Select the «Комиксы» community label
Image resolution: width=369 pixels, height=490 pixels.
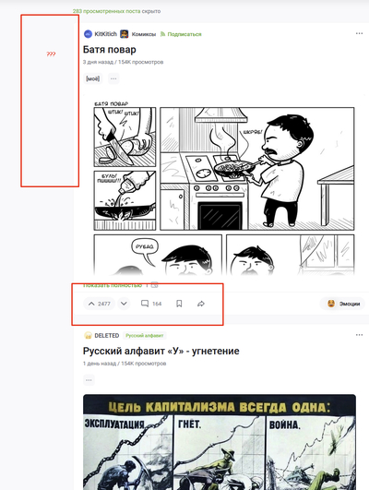coord(143,33)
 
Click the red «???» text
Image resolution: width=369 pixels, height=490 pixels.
coord(50,54)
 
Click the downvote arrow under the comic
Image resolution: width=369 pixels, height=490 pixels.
coord(124,304)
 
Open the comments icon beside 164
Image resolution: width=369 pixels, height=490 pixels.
coord(145,304)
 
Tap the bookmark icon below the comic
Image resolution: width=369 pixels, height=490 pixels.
coord(179,304)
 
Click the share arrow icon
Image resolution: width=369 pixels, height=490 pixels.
coord(201,304)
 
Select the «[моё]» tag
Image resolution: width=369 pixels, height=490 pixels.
coord(92,78)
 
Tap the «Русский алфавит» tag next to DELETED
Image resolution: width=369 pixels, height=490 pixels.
coord(143,335)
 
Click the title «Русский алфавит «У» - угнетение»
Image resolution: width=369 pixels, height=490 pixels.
coord(161,351)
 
